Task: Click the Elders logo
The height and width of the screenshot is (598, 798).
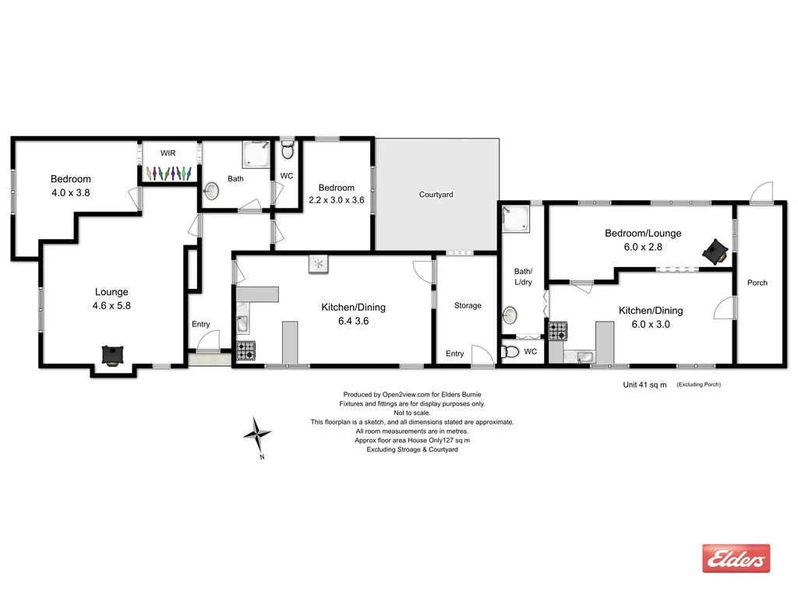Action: (x=736, y=558)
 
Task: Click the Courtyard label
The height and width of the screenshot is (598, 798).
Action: (x=436, y=195)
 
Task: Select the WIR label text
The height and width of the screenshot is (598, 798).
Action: (x=168, y=153)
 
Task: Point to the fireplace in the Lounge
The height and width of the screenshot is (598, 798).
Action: (x=113, y=355)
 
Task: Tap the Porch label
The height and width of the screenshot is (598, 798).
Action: (x=757, y=283)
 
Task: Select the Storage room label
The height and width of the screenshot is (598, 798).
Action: (x=468, y=306)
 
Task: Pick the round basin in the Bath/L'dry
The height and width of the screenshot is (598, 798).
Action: (x=510, y=315)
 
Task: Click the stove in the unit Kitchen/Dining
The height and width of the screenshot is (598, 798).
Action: (x=558, y=331)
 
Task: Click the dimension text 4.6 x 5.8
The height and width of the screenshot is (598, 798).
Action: (x=111, y=306)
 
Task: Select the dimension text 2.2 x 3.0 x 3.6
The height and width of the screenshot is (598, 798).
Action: (x=337, y=199)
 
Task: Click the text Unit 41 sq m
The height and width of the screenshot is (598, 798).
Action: (x=644, y=385)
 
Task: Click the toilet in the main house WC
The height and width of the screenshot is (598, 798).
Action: (x=287, y=148)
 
